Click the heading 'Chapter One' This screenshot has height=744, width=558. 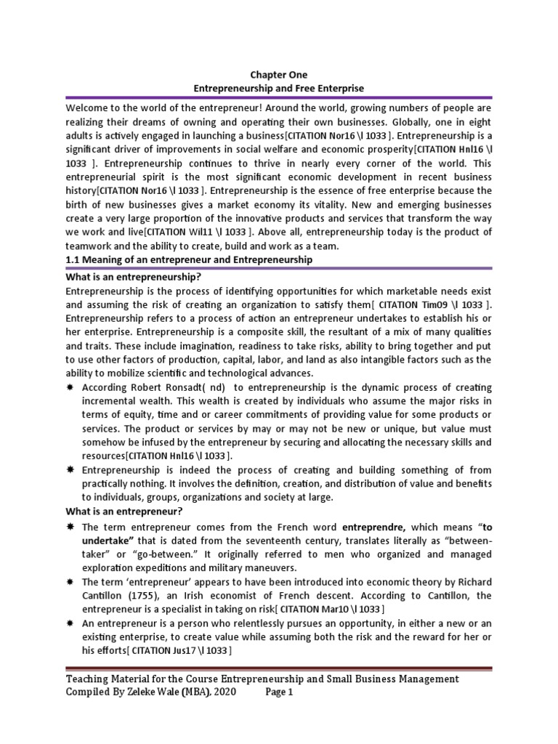(x=278, y=75)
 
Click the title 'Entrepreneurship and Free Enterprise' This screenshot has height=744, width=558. (x=278, y=87)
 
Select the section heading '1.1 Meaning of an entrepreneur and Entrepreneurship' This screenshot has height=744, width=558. (x=189, y=259)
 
